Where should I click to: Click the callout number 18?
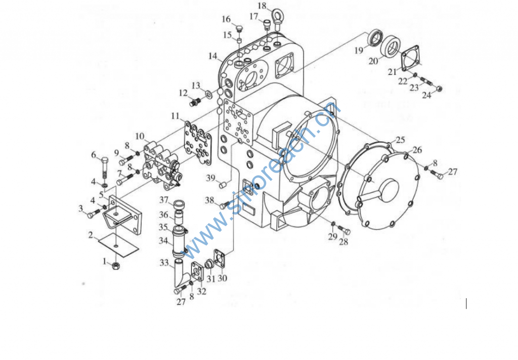coord(262,6)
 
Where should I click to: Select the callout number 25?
coord(401,140)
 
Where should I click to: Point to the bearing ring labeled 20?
coord(392,45)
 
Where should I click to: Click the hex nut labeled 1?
coord(116,265)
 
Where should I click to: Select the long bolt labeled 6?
coord(104,167)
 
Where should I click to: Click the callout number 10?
coord(140,136)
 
